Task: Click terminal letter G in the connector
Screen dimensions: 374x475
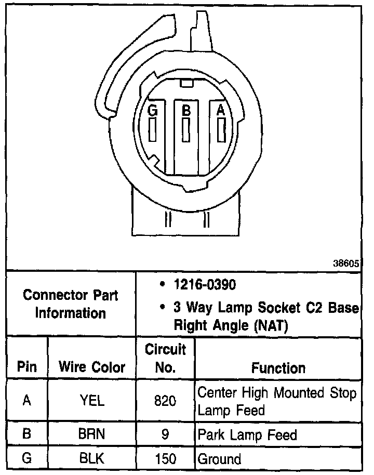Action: tap(152, 110)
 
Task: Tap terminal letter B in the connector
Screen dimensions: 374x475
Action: tap(185, 110)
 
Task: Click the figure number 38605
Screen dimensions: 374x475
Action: tap(346, 263)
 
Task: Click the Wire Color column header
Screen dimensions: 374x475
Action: tap(92, 367)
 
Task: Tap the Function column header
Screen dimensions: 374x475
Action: tap(278, 368)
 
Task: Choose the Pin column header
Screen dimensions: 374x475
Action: tap(27, 367)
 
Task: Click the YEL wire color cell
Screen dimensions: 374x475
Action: tap(92, 401)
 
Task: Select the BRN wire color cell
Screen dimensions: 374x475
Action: tap(92, 434)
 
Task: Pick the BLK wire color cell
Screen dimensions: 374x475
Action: tap(92, 459)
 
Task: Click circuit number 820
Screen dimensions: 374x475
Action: tap(165, 401)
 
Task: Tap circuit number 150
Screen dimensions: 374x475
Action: tap(165, 459)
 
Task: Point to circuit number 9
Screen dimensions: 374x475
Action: tap(165, 434)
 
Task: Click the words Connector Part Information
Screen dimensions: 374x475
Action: tap(71, 305)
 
